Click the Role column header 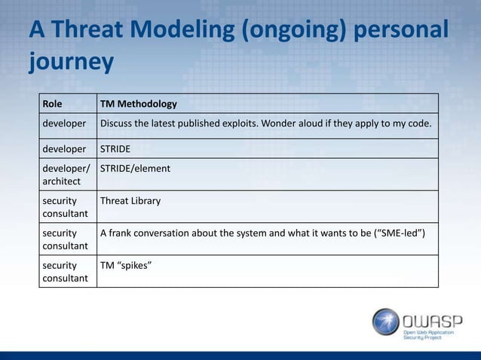[x=53, y=103]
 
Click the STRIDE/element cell [x=134, y=168]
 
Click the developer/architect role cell [x=64, y=174]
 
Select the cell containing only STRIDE [x=118, y=148]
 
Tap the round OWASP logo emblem [x=385, y=321]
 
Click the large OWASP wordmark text [x=432, y=316]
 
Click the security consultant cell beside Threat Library [x=64, y=206]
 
